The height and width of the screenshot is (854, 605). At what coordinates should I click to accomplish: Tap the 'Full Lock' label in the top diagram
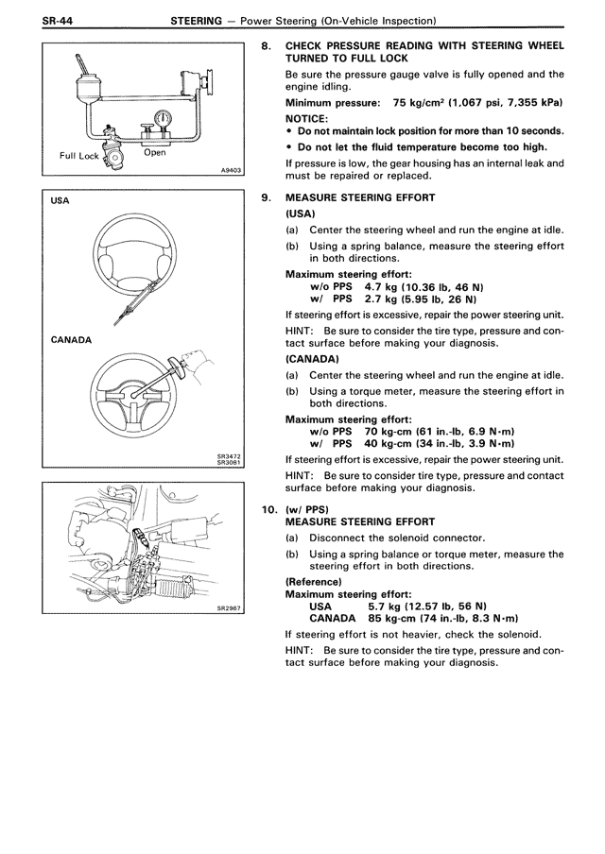point(79,155)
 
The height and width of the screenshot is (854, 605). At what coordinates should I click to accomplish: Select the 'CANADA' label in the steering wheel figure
point(72,339)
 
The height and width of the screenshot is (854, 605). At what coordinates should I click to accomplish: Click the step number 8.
point(266,45)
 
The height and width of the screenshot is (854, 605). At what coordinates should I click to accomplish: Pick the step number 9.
point(266,197)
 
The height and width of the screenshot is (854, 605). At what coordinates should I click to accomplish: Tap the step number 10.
point(268,508)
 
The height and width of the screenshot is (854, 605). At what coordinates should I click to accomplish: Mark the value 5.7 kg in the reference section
point(386,605)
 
